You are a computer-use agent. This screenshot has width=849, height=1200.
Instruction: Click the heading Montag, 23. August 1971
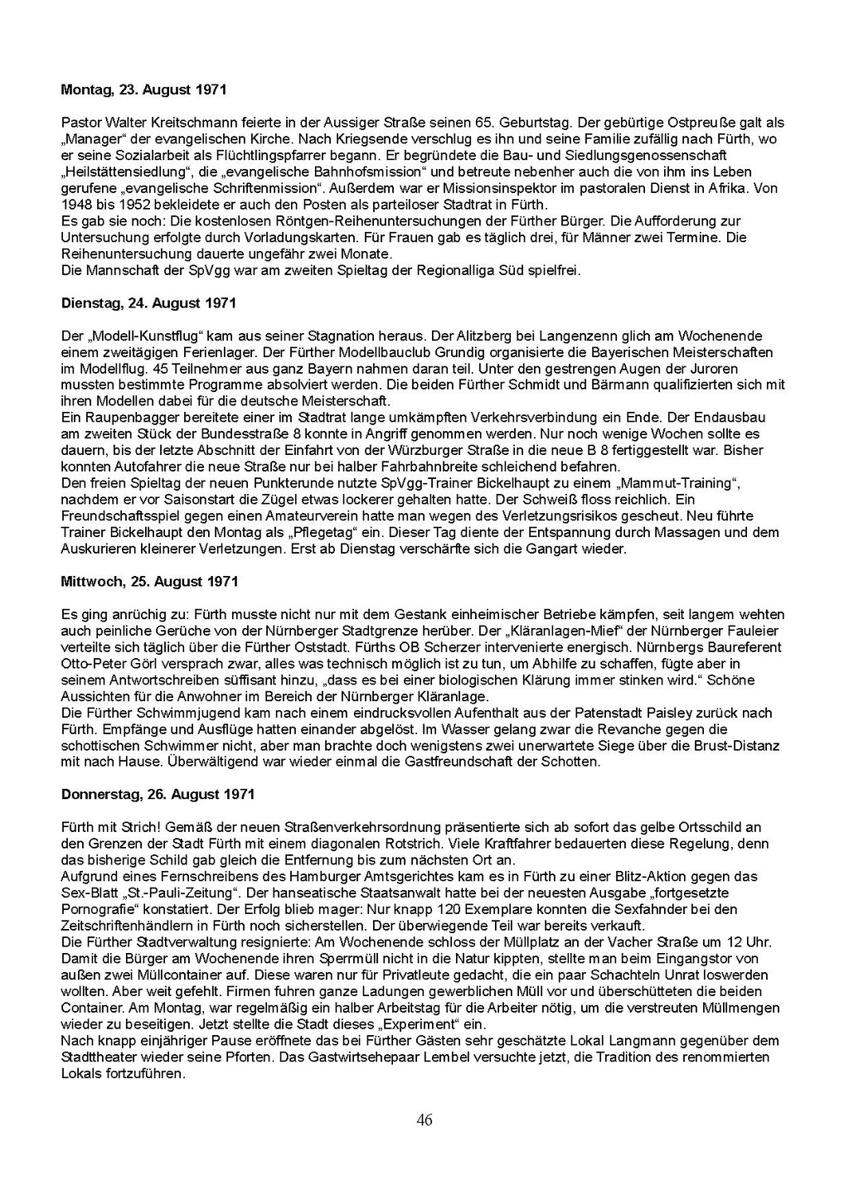tap(143, 90)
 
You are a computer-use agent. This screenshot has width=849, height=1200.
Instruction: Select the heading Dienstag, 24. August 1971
tap(148, 303)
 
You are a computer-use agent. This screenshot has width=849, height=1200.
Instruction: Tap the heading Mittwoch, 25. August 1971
tap(149, 582)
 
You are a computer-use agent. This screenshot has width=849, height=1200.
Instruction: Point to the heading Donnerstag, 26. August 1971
tap(158, 794)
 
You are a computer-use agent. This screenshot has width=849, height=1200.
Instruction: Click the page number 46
tap(424, 1120)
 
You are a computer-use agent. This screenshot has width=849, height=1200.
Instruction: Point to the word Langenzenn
tap(573, 336)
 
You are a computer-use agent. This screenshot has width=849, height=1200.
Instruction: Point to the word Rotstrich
tap(475, 844)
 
